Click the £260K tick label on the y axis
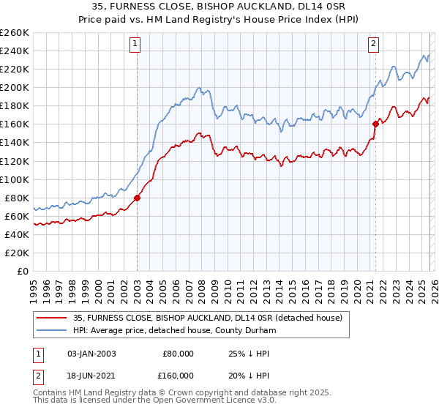click(x=15, y=32)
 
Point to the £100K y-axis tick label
click(x=15, y=179)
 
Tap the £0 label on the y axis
click(x=23, y=271)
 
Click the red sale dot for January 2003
click(x=137, y=198)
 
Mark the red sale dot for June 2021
click(x=375, y=124)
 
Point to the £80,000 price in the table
click(x=177, y=354)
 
